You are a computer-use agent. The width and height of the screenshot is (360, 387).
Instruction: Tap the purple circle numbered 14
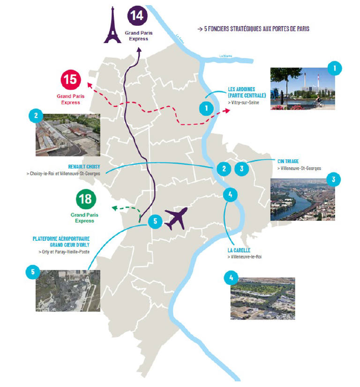click(137, 15)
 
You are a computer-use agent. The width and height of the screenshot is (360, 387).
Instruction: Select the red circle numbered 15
click(70, 79)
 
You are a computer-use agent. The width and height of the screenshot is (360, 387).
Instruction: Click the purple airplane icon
click(175, 218)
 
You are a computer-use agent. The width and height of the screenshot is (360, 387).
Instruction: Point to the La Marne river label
click(226, 56)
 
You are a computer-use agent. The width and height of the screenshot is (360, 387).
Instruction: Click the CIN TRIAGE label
click(288, 161)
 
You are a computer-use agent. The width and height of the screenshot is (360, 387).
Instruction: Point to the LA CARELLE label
click(239, 250)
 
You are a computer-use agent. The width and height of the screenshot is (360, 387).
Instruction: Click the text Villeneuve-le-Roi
click(245, 257)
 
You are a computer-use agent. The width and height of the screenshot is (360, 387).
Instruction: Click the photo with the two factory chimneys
click(302, 89)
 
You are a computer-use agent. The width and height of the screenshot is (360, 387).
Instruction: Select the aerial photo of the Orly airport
click(67, 290)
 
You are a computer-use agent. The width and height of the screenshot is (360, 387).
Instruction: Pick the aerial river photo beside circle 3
click(302, 199)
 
